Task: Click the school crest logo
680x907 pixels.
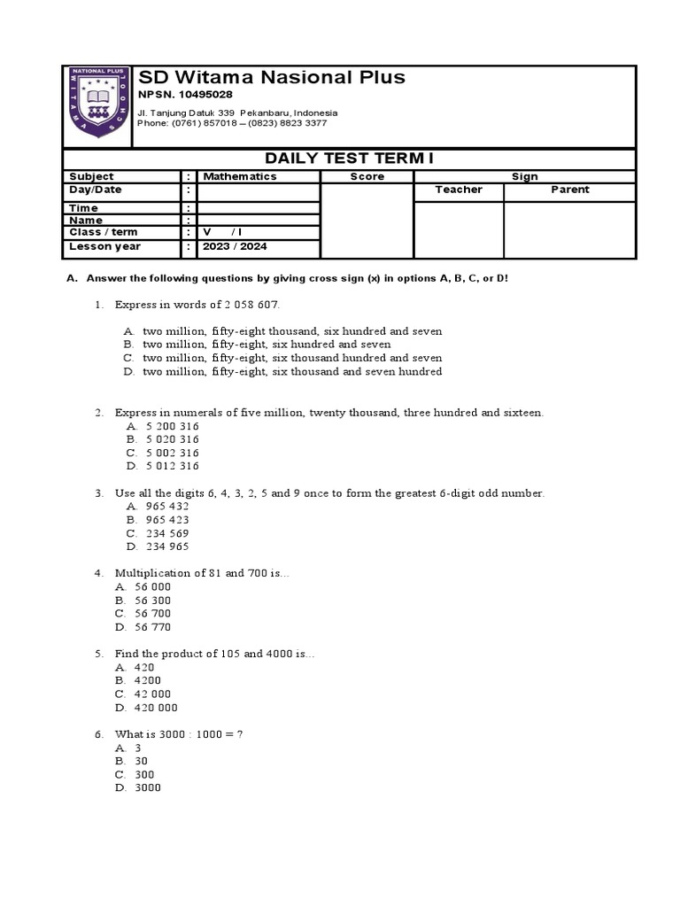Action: (x=97, y=107)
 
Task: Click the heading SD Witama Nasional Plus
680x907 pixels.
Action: (x=271, y=78)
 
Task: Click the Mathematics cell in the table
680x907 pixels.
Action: (x=240, y=176)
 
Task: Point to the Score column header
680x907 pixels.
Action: (x=367, y=176)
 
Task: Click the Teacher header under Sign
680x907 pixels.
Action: (x=459, y=190)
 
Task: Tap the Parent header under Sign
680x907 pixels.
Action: (x=569, y=190)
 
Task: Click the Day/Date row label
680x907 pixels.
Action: (x=96, y=190)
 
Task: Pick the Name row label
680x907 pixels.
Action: (x=86, y=220)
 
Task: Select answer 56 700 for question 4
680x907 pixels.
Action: (x=152, y=613)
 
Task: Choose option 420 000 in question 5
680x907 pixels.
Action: (x=156, y=708)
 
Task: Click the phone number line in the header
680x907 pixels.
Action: (x=225, y=123)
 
